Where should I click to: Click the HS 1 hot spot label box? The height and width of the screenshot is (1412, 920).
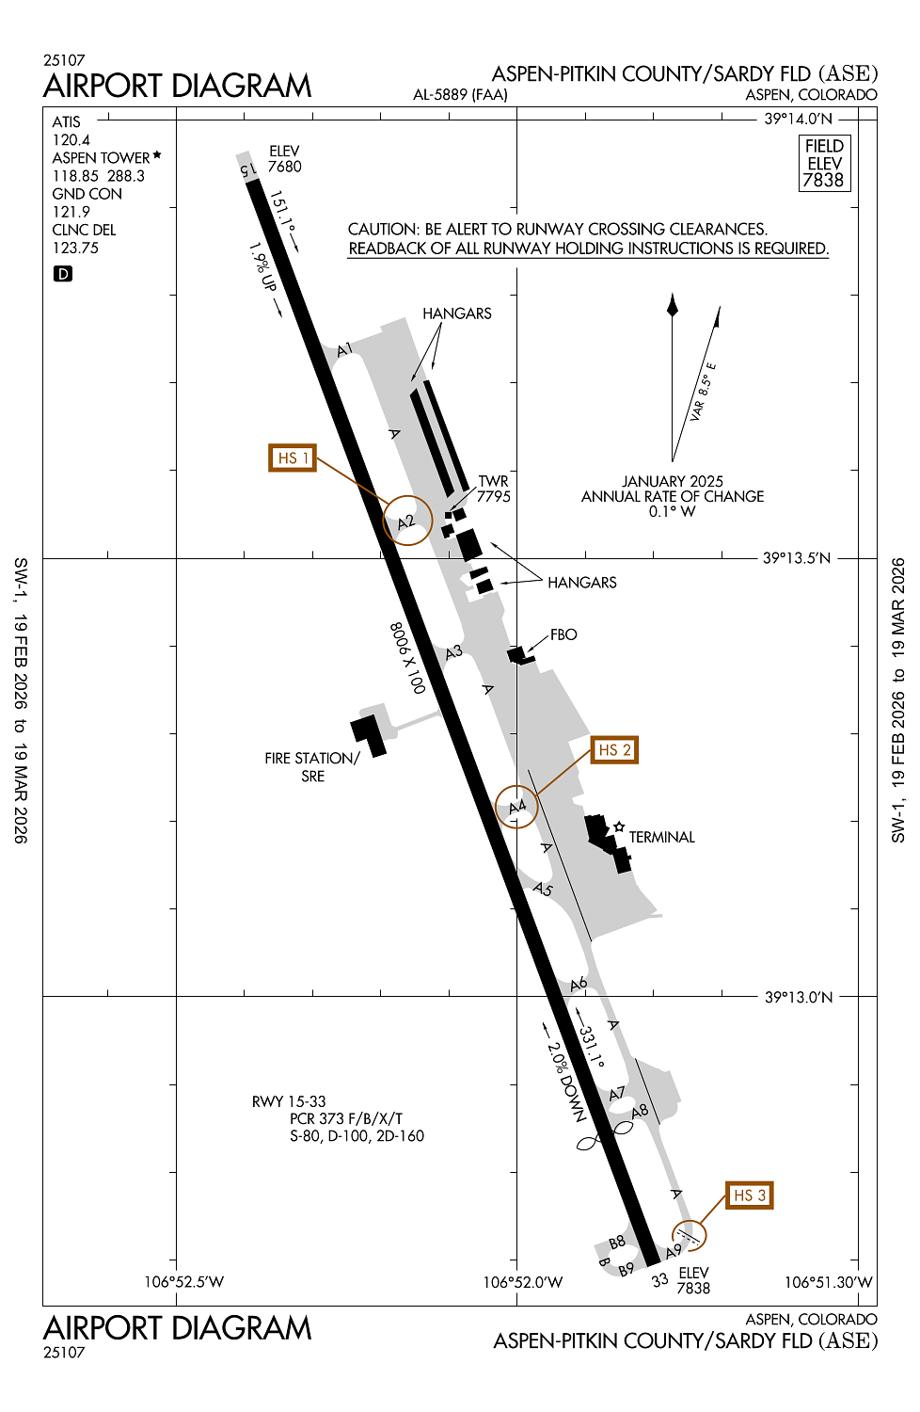293,457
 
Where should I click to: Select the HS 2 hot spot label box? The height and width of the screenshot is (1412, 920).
614,749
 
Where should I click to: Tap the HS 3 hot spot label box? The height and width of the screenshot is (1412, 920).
749,1195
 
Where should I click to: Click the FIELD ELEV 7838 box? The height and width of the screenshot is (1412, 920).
824,163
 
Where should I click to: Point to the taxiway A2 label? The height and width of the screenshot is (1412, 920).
405,521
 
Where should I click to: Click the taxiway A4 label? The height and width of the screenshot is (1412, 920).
517,806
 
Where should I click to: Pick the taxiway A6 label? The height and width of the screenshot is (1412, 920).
579,984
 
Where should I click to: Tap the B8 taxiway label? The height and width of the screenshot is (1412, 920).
617,1242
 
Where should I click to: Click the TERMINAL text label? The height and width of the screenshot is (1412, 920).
661,837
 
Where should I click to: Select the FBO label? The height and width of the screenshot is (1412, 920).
563,634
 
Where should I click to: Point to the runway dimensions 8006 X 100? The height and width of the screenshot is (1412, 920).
407,657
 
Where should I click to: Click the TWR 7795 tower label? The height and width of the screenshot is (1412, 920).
494,489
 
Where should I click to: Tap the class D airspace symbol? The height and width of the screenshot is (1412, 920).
63,274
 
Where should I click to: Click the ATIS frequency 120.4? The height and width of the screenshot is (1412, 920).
71,140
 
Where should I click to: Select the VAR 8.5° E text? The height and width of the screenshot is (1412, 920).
703,392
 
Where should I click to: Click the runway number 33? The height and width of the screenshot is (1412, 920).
659,1280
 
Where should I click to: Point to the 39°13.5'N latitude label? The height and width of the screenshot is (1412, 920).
797,558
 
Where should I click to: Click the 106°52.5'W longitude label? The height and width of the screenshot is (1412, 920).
184,1281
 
